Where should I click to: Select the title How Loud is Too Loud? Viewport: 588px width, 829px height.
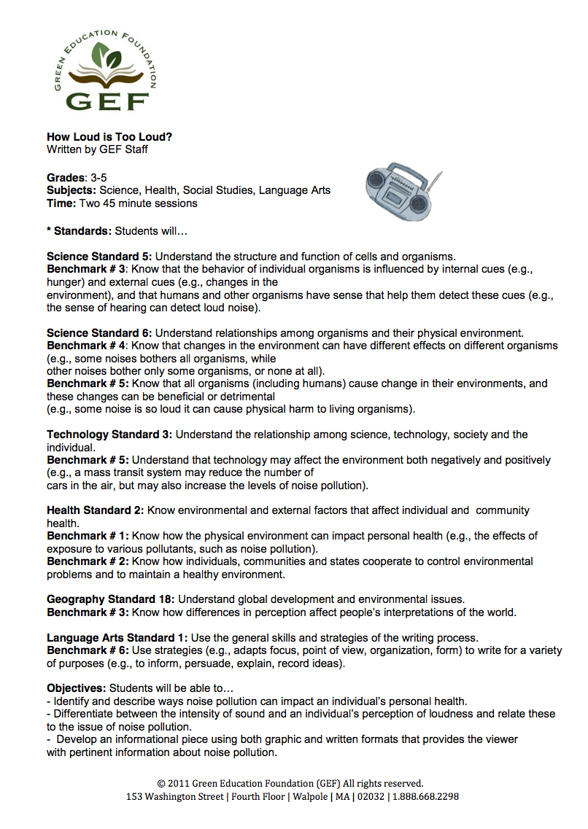109,136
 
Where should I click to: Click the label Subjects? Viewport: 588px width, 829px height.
71,190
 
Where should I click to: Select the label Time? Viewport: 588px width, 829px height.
61,203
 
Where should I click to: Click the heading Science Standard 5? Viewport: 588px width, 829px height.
99,256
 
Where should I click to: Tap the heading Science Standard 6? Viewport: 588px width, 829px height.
99,333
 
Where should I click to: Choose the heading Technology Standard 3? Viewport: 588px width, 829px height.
109,435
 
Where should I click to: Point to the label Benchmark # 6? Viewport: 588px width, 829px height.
88,650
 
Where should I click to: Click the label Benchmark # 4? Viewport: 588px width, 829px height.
88,346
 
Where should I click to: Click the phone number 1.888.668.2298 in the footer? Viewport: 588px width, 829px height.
426,797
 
